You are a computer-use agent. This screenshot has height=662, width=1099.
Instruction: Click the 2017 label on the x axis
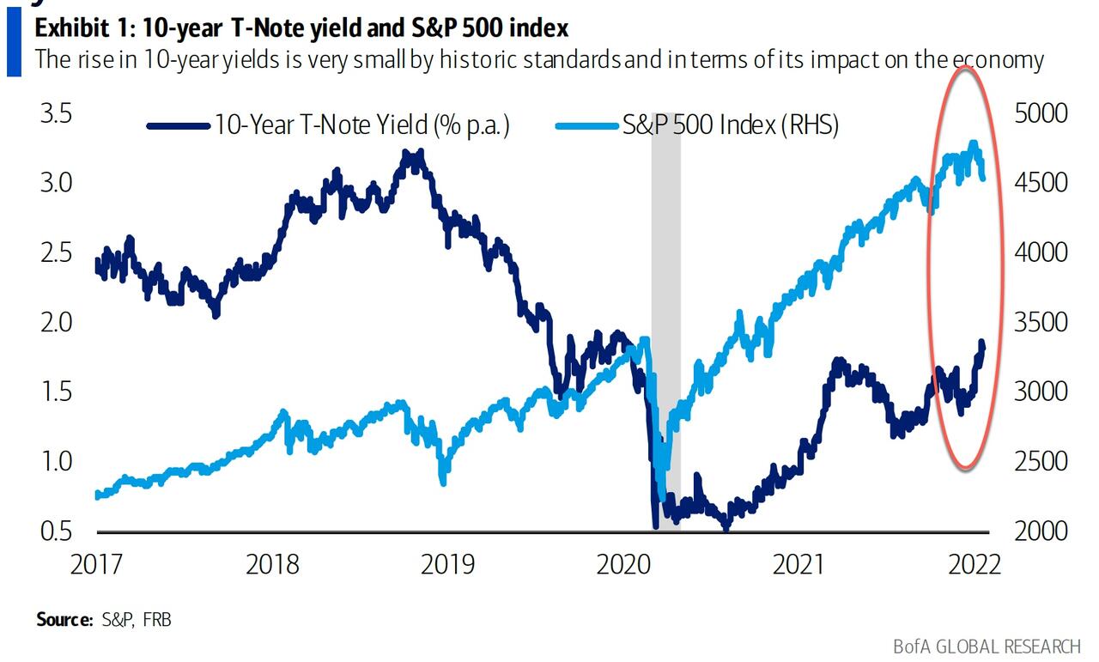(97, 564)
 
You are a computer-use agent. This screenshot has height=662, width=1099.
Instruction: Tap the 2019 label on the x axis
(448, 564)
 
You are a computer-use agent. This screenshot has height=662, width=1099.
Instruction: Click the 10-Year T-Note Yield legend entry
(361, 125)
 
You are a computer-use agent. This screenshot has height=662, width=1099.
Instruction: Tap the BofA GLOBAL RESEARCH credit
(986, 646)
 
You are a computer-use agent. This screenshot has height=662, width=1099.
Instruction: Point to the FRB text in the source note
(156, 618)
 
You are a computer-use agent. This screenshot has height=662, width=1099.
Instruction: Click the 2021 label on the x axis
(799, 564)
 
